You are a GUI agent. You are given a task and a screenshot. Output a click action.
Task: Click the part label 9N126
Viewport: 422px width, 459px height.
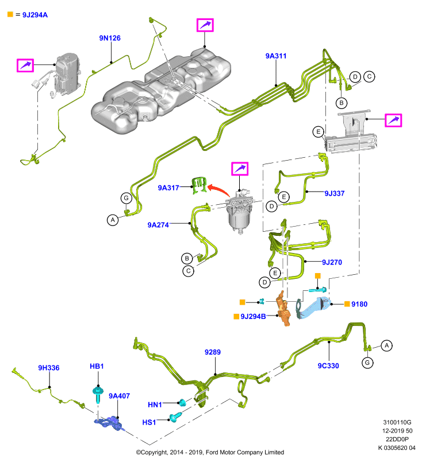pyautogui.click(x=110, y=38)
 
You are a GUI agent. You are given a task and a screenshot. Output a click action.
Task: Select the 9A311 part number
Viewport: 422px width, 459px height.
pyautogui.click(x=275, y=56)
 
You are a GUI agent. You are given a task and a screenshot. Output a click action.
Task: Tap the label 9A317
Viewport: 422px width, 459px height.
pyautogui.click(x=168, y=188)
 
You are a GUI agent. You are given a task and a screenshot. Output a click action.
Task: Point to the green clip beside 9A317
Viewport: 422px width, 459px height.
pyautogui.click(x=199, y=185)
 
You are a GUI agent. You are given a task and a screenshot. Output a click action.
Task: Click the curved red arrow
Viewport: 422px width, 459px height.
pyautogui.click(x=218, y=190)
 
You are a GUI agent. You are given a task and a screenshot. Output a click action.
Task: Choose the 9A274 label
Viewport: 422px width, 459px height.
pyautogui.click(x=158, y=225)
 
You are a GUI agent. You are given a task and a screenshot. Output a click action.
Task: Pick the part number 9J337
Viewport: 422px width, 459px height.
pyautogui.click(x=334, y=193)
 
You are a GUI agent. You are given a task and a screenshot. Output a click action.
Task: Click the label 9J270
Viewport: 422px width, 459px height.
pyautogui.click(x=332, y=262)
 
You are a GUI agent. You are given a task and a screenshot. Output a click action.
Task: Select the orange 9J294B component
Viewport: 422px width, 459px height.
pyautogui.click(x=283, y=309)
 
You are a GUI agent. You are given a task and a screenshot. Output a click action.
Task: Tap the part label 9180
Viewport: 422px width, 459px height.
pyautogui.click(x=359, y=304)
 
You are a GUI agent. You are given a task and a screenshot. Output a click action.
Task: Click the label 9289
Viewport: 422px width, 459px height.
pyautogui.click(x=213, y=352)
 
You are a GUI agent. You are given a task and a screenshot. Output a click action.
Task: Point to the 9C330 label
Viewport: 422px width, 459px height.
pyautogui.click(x=328, y=365)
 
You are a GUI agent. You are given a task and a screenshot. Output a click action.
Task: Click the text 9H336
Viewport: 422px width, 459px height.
pyautogui.click(x=49, y=368)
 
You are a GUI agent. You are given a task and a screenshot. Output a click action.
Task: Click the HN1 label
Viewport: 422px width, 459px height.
pyautogui.click(x=155, y=404)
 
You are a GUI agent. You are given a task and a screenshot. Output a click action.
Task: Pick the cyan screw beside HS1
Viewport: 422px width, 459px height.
pyautogui.click(x=175, y=417)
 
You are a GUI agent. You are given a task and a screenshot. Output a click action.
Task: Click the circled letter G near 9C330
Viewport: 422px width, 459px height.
pyautogui.click(x=367, y=363)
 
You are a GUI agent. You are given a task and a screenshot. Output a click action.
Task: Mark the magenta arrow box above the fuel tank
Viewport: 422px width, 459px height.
pyautogui.click(x=205, y=25)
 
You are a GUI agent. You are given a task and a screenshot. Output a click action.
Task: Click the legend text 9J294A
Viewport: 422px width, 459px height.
pyautogui.click(x=35, y=15)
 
